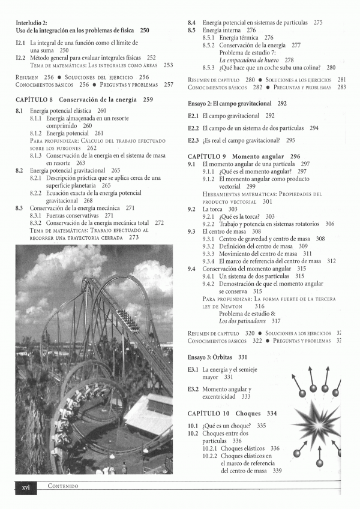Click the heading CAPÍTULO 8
click(x=35, y=100)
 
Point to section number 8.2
click(x=20, y=170)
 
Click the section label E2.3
click(x=193, y=140)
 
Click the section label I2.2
click(x=20, y=58)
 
